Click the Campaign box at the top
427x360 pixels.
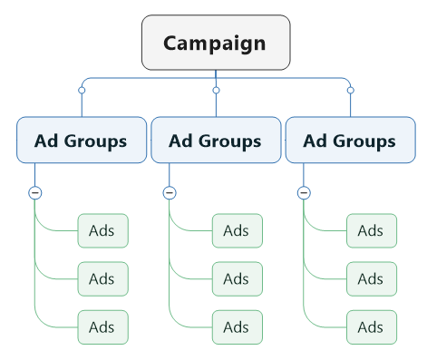click(x=216, y=43)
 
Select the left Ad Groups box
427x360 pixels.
click(x=82, y=141)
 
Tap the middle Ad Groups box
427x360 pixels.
click(x=216, y=141)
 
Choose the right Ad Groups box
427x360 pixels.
click(x=350, y=141)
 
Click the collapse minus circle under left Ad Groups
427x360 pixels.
click(x=34, y=192)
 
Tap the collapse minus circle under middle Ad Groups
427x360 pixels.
click(x=169, y=192)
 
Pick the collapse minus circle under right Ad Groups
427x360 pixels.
click(x=304, y=192)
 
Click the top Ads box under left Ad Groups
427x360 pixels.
click(x=102, y=230)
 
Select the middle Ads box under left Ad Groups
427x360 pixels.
click(x=102, y=278)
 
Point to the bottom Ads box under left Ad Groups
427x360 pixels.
click(x=102, y=326)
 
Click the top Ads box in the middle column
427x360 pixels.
click(x=237, y=230)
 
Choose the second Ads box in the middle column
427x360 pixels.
click(x=237, y=278)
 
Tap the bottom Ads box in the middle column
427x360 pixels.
click(x=237, y=326)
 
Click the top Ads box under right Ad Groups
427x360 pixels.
click(x=371, y=230)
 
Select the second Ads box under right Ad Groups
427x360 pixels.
click(x=371, y=278)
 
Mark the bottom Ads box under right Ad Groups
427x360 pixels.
click(x=371, y=326)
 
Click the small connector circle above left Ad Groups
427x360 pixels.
click(x=82, y=91)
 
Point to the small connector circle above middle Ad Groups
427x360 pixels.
click(x=216, y=91)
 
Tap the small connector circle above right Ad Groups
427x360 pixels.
click(x=350, y=91)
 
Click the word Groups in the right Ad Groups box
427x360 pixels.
click(x=364, y=141)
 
